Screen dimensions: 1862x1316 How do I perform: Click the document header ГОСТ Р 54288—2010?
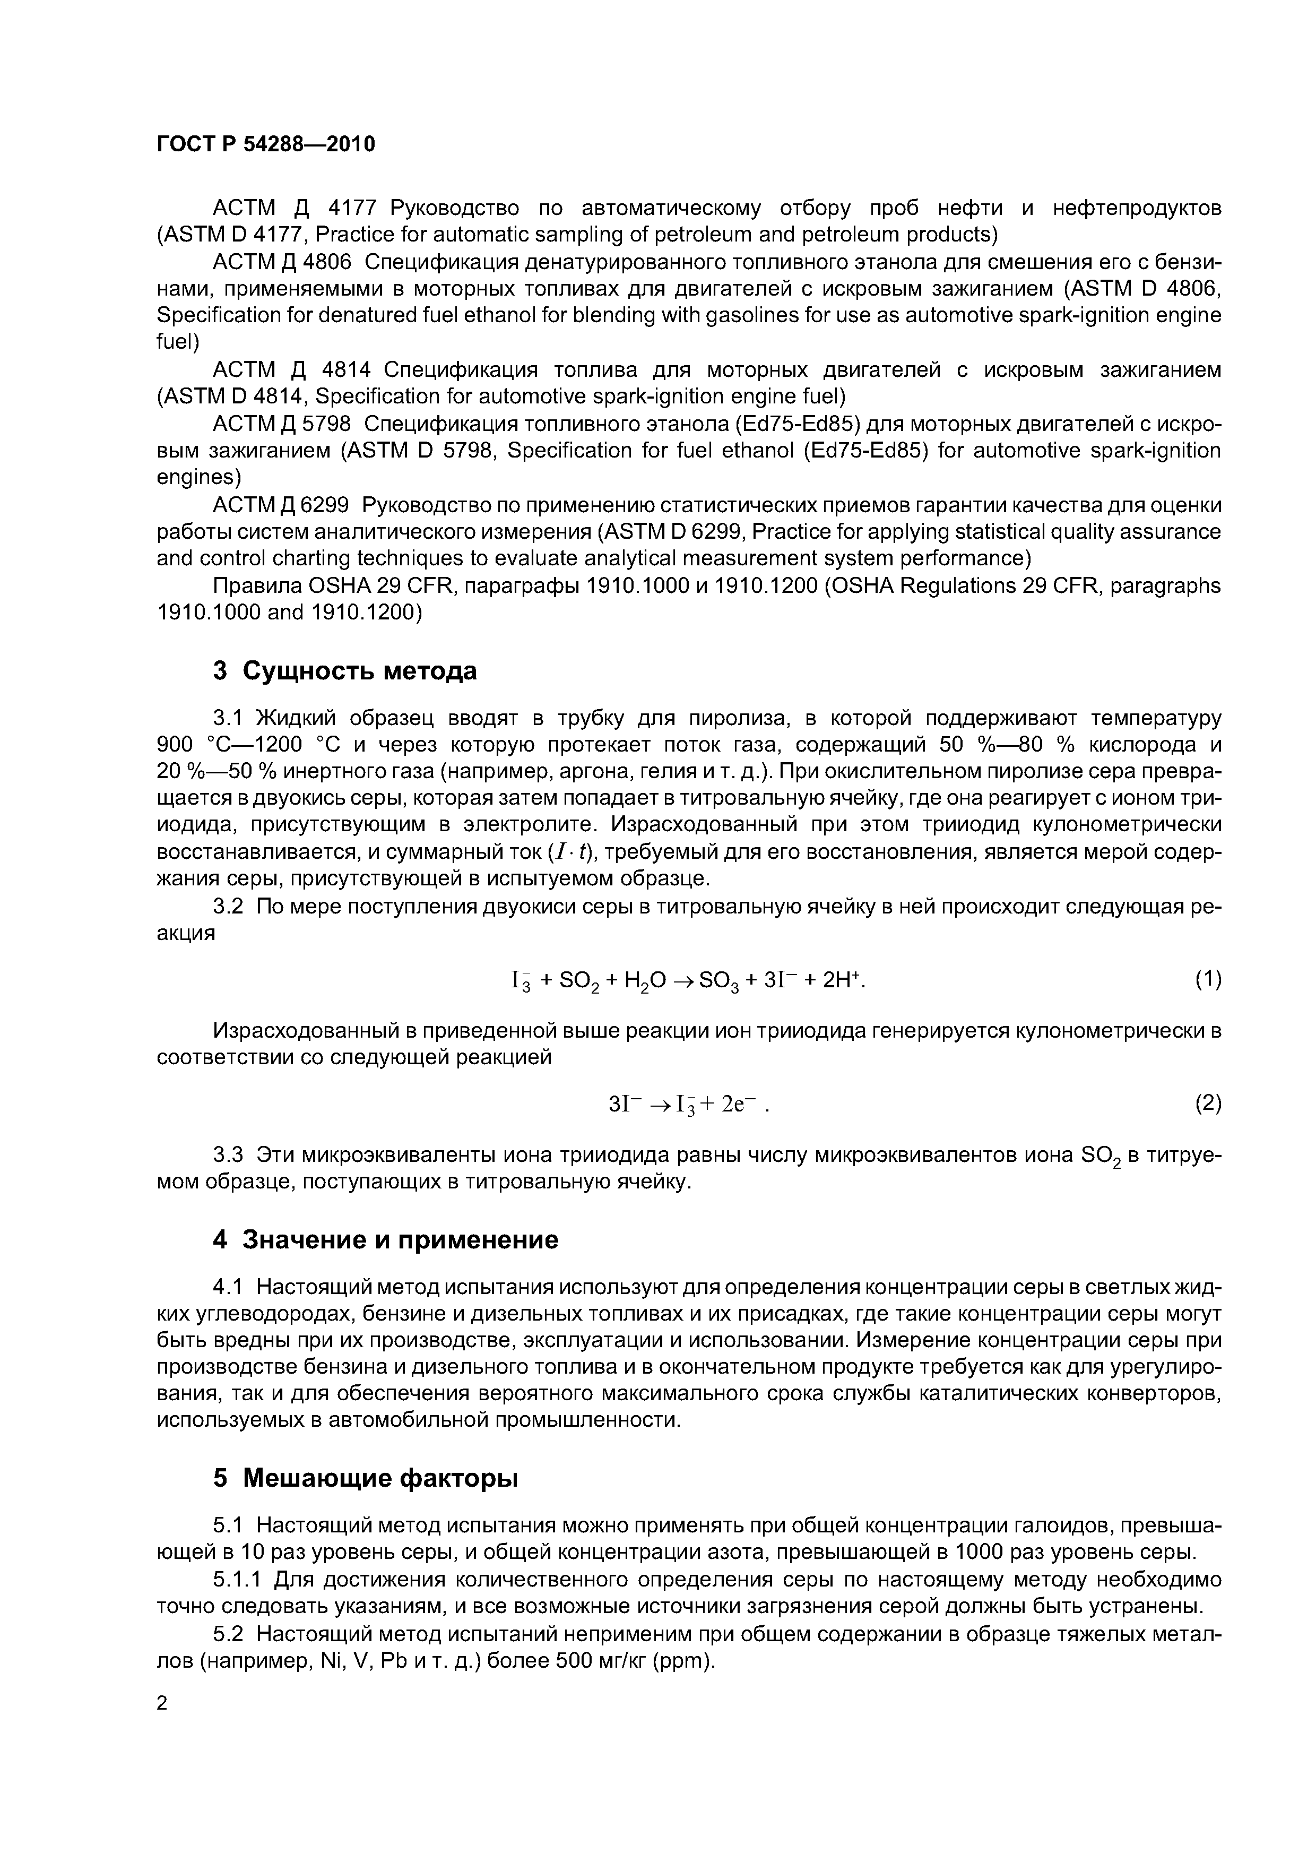[265, 144]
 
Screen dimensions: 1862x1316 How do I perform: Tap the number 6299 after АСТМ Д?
[324, 505]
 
